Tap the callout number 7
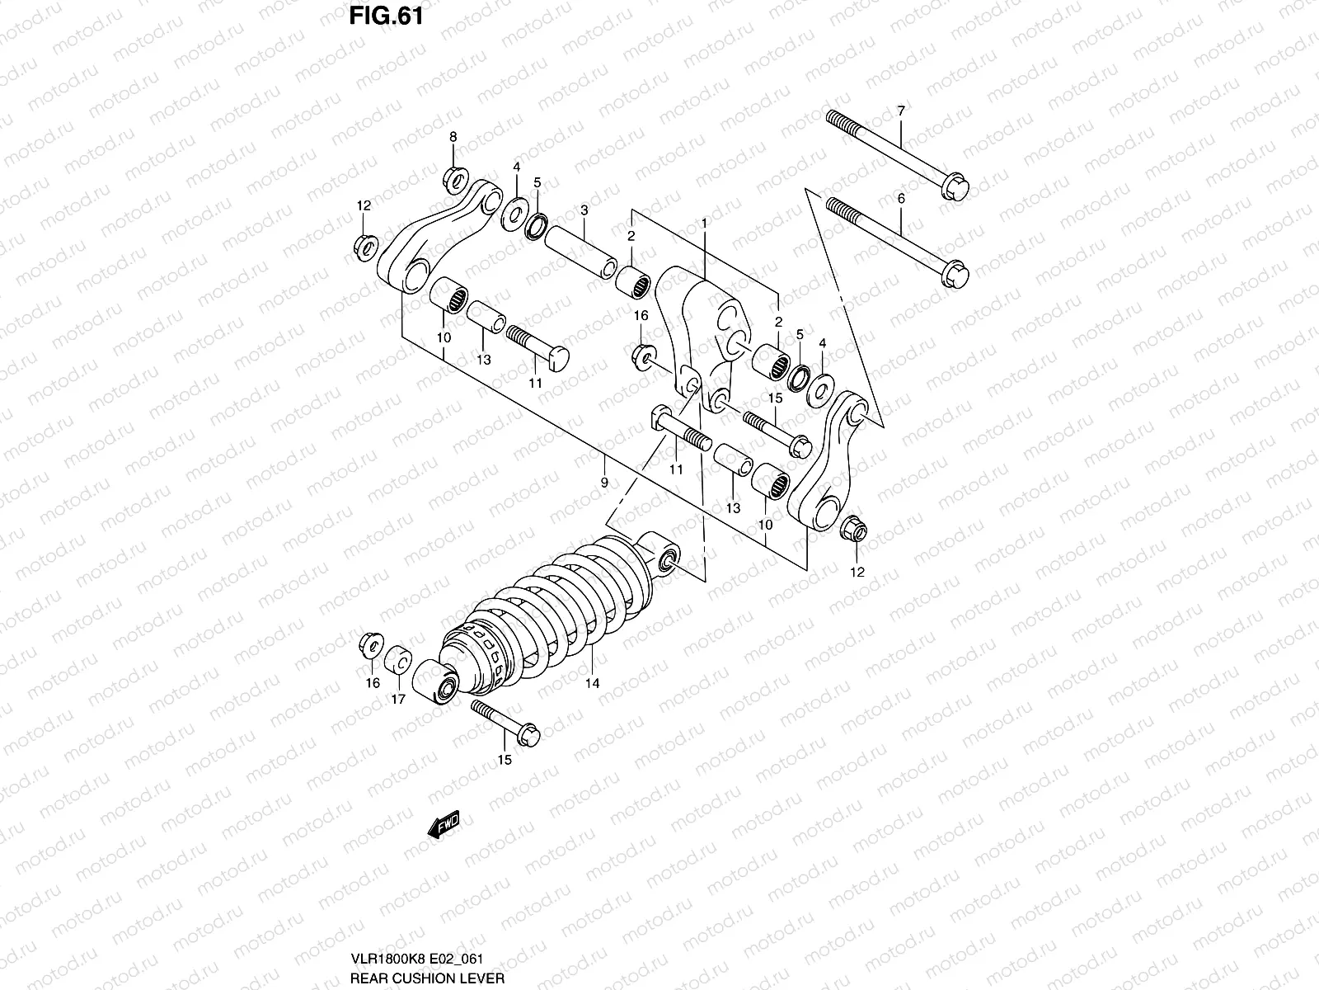pyautogui.click(x=900, y=111)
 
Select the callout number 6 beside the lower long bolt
pyautogui.click(x=900, y=199)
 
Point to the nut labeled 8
pyautogui.click(x=455, y=177)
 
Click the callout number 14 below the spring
pyautogui.click(x=592, y=683)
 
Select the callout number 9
pyautogui.click(x=604, y=482)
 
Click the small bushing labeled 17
pyautogui.click(x=400, y=659)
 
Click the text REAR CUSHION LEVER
pyautogui.click(x=426, y=978)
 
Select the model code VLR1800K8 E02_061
pyautogui.click(x=415, y=959)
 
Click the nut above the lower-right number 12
pyautogui.click(x=853, y=530)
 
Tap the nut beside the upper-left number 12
pyautogui.click(x=365, y=245)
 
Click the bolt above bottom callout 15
pyautogui.click(x=505, y=719)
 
